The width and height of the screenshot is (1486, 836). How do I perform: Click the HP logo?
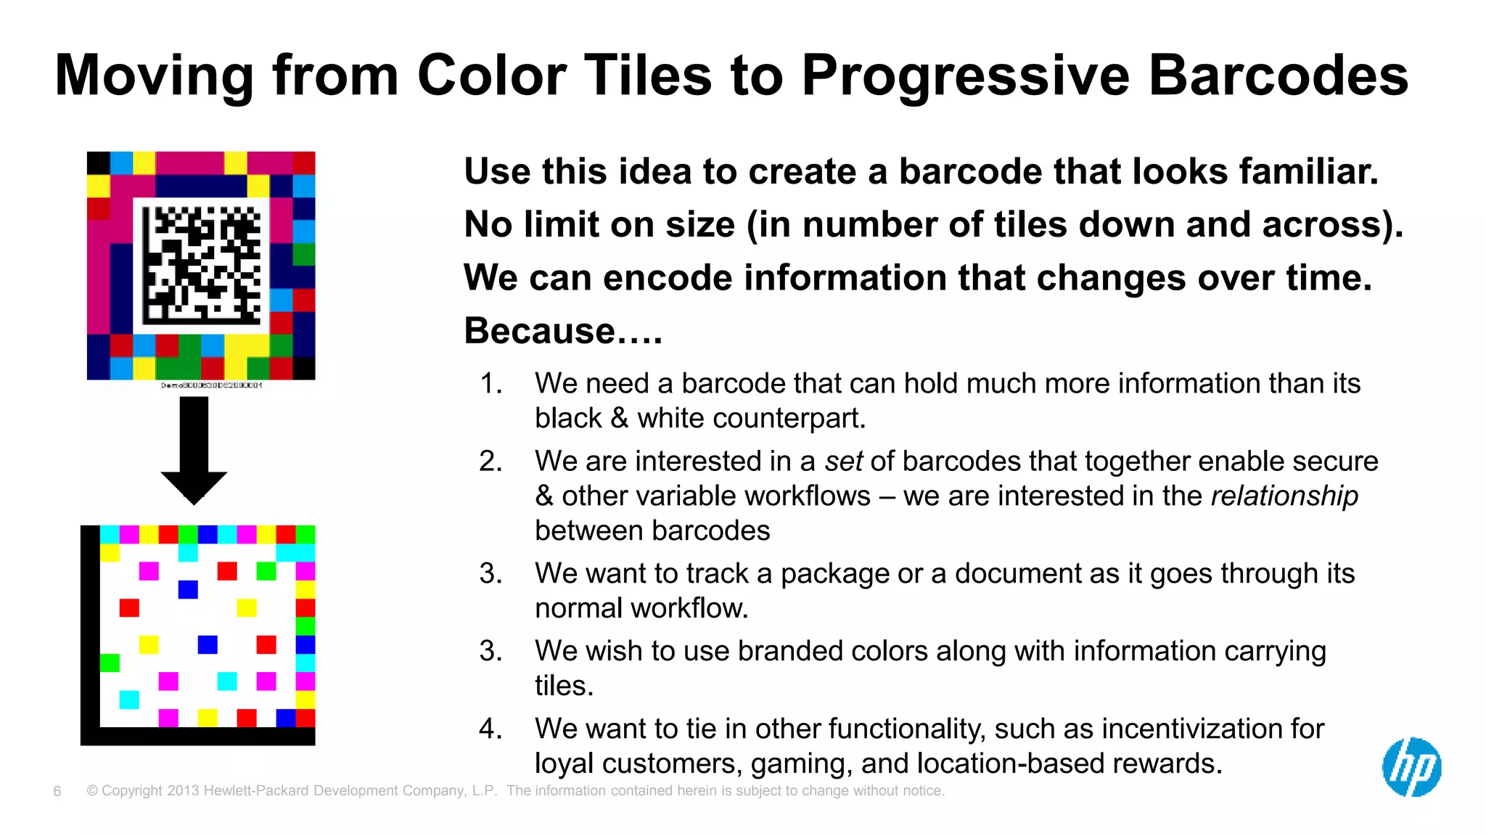[1411, 767]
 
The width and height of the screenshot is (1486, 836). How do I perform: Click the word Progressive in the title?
[965, 75]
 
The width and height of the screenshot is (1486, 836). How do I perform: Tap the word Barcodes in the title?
[1278, 75]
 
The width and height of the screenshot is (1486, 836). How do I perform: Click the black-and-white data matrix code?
[202, 265]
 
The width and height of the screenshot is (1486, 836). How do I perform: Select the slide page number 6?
[57, 791]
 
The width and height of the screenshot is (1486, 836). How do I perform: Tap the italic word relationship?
[1284, 496]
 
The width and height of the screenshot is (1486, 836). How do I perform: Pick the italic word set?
[843, 462]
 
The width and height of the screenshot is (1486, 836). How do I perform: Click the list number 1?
[491, 384]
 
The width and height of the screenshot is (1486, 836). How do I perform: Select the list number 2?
[491, 462]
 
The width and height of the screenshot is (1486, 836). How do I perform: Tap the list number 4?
[491, 729]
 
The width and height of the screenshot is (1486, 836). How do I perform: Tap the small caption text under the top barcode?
[211, 385]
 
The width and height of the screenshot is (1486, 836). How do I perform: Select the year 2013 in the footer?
[183, 791]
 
